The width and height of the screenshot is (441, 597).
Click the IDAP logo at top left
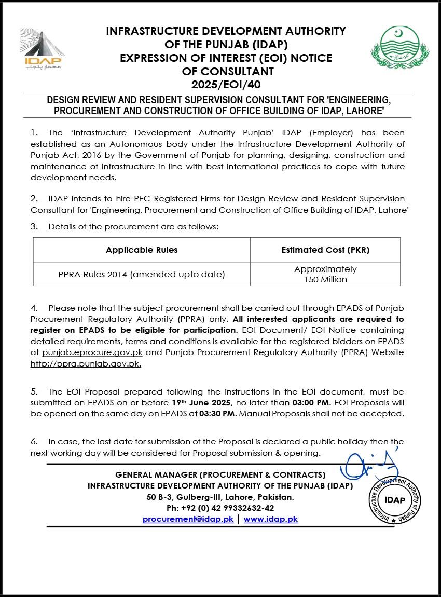coord(43,49)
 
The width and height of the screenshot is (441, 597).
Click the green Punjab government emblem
coord(393,48)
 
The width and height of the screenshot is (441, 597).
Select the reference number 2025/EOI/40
coord(225,84)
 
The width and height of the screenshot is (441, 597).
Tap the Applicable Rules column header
coord(142,250)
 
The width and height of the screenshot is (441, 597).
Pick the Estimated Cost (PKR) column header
coord(325,250)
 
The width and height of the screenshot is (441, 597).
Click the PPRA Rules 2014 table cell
coord(142,274)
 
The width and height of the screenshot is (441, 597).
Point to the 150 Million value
coord(325,279)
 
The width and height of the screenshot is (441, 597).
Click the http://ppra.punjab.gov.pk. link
coord(86,363)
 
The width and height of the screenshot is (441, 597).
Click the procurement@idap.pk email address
coord(188,519)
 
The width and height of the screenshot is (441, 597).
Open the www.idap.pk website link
coord(271,519)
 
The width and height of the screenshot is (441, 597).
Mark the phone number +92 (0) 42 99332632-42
coord(220,508)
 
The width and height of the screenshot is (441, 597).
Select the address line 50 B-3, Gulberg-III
coord(220,497)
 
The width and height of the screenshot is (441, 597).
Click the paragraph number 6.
coord(34,442)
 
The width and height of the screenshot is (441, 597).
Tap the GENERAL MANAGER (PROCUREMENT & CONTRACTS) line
coord(220,474)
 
